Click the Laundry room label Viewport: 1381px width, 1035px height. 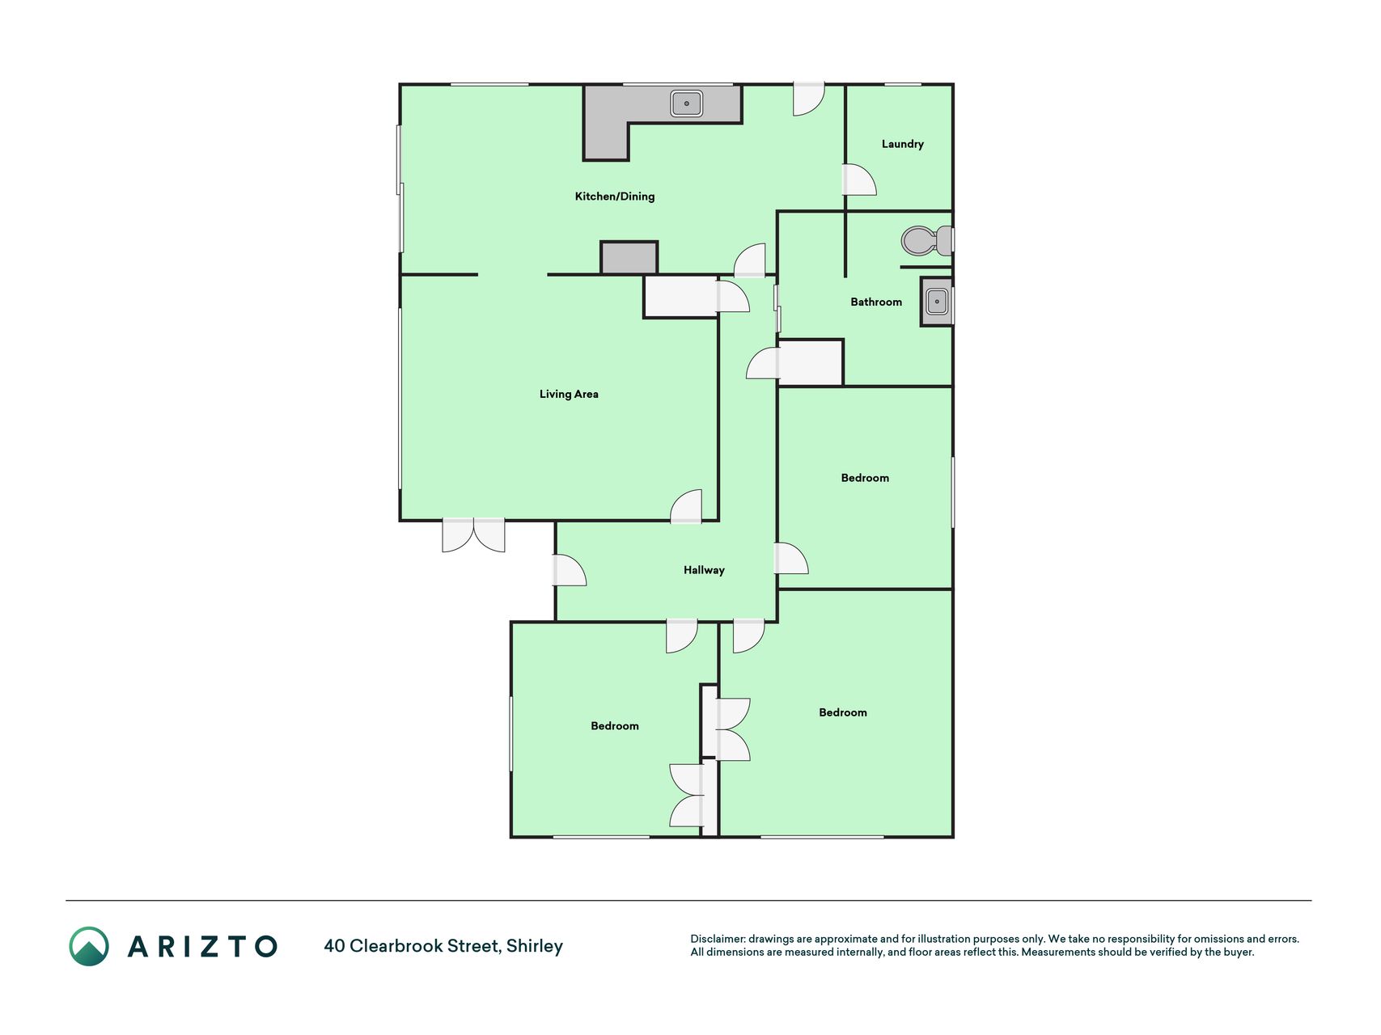tap(902, 144)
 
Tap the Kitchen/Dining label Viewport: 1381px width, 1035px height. tap(615, 196)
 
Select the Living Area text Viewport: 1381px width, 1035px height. tap(569, 394)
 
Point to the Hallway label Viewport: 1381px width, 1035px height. tap(704, 570)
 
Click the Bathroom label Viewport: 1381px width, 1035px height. tap(876, 302)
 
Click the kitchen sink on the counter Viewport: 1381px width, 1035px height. tap(686, 103)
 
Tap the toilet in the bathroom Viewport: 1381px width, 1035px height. tap(927, 240)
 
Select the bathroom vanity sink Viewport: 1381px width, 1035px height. tap(937, 302)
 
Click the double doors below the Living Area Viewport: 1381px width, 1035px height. tap(473, 535)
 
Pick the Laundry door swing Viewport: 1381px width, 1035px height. tap(859, 180)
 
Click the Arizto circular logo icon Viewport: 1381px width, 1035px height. tap(89, 946)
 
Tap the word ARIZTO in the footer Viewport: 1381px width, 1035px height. tap(202, 946)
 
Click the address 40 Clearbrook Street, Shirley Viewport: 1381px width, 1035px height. tap(443, 946)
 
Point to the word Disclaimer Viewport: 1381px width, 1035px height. tap(718, 939)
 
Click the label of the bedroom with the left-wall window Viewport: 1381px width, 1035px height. tap(615, 726)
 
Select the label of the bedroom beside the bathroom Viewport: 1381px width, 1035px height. tap(865, 478)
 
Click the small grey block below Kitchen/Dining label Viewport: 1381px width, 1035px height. tap(629, 258)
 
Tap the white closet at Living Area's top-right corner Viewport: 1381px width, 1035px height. tap(680, 297)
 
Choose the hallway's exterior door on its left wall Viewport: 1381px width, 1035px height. tap(570, 570)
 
